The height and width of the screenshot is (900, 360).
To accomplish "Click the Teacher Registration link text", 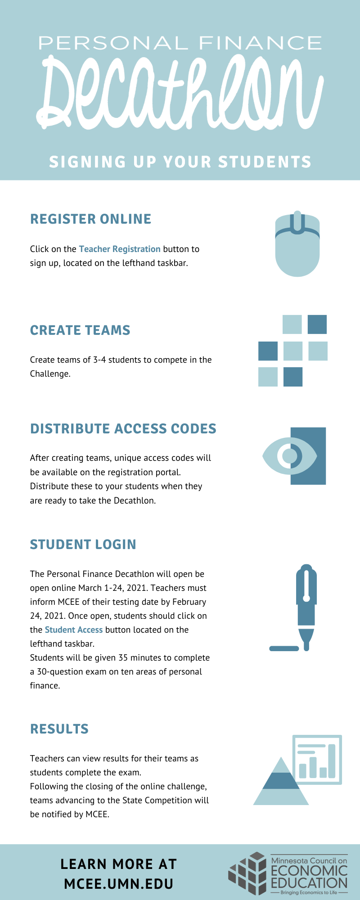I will (120, 249).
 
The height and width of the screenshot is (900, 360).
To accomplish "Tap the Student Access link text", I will (74, 630).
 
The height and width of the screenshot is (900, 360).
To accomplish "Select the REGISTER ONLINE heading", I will (90, 219).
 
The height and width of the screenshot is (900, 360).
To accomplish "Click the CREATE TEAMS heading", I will (80, 330).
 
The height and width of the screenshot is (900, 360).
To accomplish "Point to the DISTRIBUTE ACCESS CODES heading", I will (123, 429).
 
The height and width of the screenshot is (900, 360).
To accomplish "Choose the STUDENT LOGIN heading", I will (83, 544).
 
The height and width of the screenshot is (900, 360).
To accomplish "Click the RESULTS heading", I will (59, 729).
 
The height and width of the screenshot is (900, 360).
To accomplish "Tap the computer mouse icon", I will (297, 243).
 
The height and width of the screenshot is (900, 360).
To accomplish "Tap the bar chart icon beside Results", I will (317, 760).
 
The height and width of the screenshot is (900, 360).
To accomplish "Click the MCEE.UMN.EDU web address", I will (119, 884).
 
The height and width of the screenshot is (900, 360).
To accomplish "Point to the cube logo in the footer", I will (247, 873).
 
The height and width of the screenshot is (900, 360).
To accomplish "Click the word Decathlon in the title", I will (180, 92).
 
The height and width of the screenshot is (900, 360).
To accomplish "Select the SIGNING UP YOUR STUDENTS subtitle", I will (180, 162).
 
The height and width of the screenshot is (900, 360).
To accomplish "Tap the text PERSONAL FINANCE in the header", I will (180, 44).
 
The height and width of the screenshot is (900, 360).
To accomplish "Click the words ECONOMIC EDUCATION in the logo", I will (309, 877).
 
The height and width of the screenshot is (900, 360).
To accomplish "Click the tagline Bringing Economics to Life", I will (309, 892).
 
